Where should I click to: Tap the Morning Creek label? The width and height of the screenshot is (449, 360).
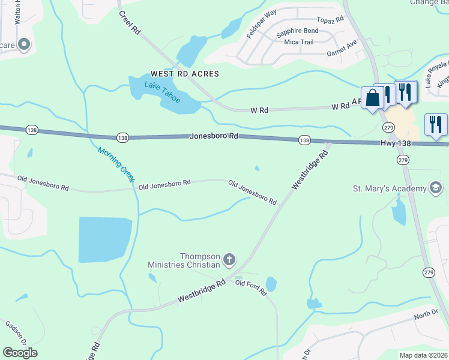[x=116, y=165]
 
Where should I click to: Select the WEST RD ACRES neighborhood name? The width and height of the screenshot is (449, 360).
[x=184, y=74]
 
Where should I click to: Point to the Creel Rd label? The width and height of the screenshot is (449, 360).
[x=129, y=23]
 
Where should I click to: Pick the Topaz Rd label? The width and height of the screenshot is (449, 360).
[x=331, y=19]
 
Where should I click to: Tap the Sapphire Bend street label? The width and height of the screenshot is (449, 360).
[x=297, y=31]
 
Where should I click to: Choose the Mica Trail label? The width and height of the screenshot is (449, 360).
[x=299, y=41]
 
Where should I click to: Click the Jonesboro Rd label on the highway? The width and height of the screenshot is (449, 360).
[x=214, y=136]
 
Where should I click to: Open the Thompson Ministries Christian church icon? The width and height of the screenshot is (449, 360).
[x=229, y=260]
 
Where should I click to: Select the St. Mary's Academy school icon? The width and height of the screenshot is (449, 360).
[x=436, y=188]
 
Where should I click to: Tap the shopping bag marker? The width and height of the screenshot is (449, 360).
[x=373, y=98]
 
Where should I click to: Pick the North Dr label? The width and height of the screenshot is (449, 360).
[x=426, y=314]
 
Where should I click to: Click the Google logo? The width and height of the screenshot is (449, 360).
[x=20, y=353]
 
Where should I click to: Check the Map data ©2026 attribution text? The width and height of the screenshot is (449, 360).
[x=423, y=355]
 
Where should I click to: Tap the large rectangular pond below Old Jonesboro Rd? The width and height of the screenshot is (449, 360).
[x=104, y=239]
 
